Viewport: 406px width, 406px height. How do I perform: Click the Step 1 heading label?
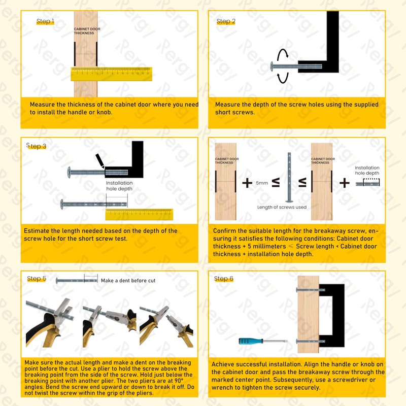(x=45, y=21)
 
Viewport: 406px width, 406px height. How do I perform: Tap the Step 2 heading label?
(x=226, y=21)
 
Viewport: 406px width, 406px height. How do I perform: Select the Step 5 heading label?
(x=37, y=279)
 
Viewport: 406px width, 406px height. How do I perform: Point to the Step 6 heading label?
(x=224, y=279)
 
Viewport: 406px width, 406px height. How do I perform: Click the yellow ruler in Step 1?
(x=111, y=74)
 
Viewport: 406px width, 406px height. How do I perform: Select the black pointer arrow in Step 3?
(x=100, y=160)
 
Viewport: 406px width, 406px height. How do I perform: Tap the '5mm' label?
(x=262, y=183)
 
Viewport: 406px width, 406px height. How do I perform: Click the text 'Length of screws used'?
(x=282, y=207)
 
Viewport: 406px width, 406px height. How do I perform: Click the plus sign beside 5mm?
(x=247, y=183)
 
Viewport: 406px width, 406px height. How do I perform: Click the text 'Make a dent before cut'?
(x=128, y=281)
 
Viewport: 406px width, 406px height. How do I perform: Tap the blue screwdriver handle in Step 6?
(x=249, y=342)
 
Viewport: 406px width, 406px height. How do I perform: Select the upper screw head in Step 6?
(x=296, y=290)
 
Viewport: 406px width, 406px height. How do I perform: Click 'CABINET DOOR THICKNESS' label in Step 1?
(x=87, y=31)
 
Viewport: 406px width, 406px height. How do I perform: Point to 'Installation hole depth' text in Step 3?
(x=119, y=186)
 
